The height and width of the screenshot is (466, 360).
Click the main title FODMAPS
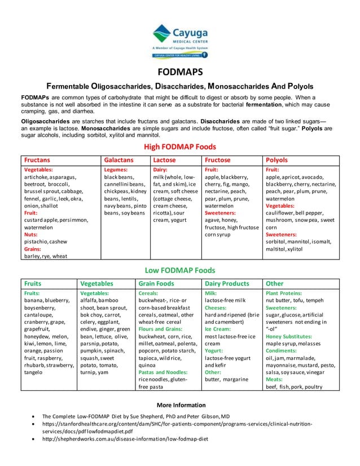[179, 73]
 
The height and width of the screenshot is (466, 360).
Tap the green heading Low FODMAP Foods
[179, 270]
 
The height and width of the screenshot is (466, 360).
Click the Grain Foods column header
[156, 284]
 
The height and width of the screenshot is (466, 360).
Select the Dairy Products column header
[226, 284]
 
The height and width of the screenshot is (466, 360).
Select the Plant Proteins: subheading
[285, 293]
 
